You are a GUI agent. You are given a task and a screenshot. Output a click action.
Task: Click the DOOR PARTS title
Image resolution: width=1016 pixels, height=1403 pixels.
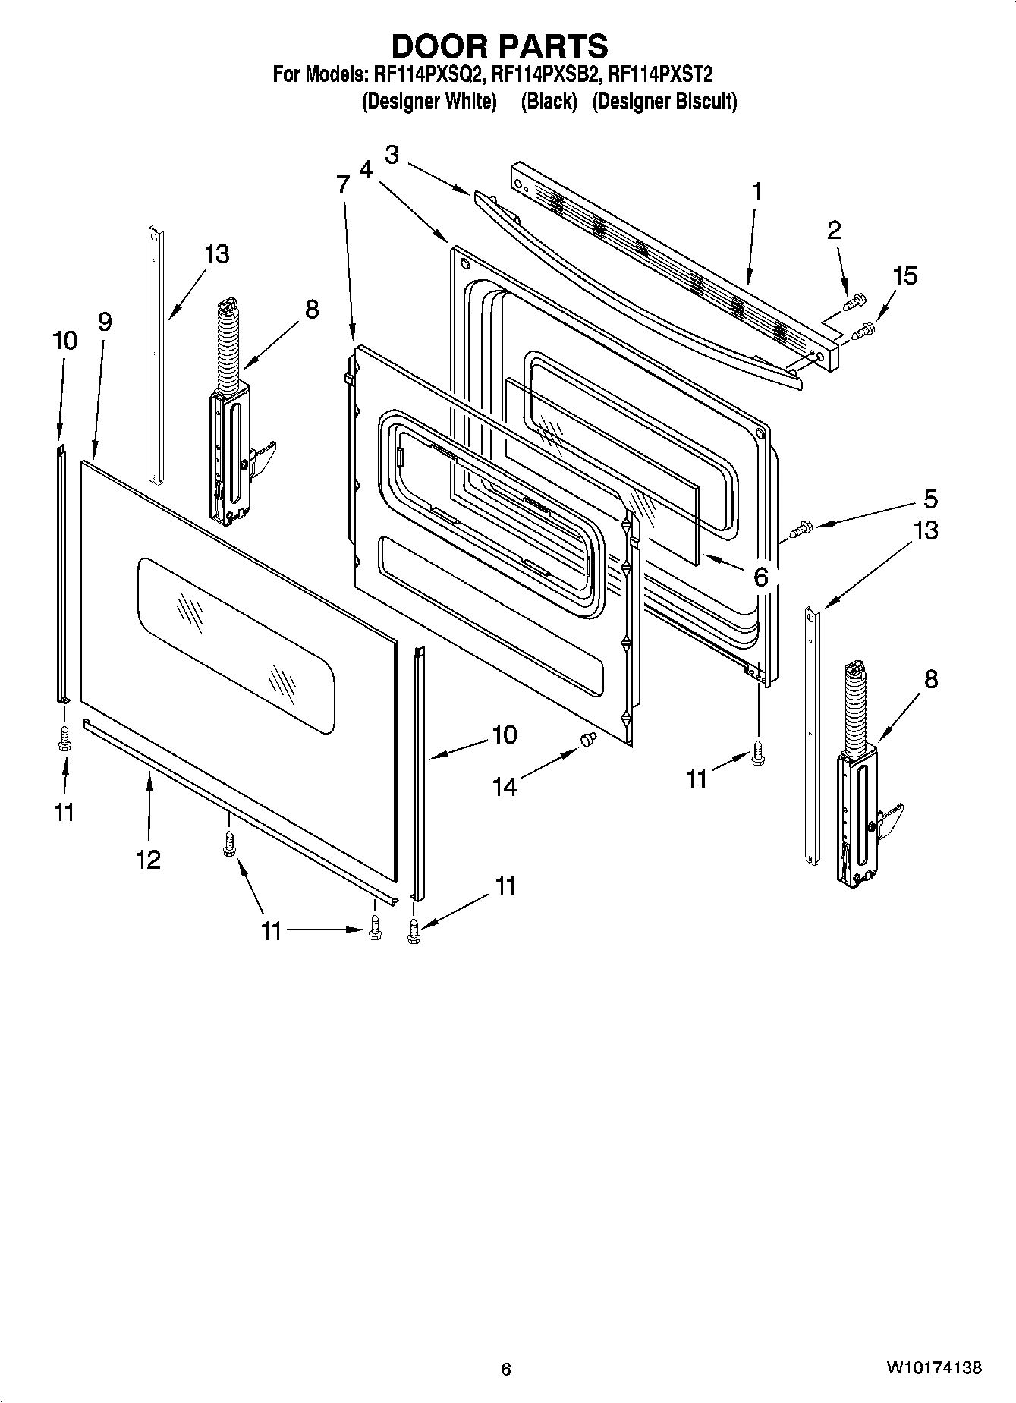(499, 47)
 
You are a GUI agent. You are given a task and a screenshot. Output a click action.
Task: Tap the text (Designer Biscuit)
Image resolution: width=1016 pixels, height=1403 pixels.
(664, 101)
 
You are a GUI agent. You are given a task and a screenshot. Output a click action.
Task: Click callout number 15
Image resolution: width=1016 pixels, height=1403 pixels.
(904, 275)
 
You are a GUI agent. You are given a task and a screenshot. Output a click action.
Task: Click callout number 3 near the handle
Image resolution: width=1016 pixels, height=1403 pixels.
(392, 155)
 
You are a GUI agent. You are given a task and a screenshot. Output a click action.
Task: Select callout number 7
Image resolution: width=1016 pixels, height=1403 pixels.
(343, 184)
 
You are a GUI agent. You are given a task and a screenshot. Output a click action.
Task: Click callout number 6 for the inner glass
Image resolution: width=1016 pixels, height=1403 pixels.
(760, 576)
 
